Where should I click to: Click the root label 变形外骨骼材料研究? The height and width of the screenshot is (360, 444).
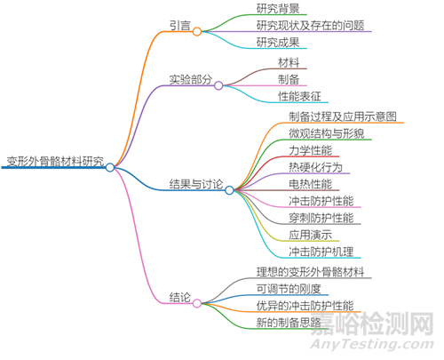click(x=55, y=161)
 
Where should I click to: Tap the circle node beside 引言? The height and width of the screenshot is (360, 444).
click(x=197, y=31)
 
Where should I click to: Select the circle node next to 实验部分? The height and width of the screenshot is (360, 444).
click(x=218, y=85)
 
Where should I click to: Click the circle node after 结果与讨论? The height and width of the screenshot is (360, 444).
click(x=229, y=190)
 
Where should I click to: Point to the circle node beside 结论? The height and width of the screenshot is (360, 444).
click(x=197, y=303)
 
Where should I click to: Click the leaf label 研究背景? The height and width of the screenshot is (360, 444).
click(x=278, y=8)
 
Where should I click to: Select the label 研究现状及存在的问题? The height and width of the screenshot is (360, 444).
click(x=310, y=25)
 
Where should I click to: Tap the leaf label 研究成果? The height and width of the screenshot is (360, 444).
click(x=278, y=43)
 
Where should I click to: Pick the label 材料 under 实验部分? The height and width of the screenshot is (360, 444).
click(x=289, y=62)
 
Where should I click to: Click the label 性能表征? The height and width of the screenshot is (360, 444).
click(x=299, y=96)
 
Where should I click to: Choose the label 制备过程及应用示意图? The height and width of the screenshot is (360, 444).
click(x=343, y=116)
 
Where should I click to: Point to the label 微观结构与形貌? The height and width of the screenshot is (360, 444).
click(x=327, y=133)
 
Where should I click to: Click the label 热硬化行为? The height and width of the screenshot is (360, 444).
click(x=315, y=167)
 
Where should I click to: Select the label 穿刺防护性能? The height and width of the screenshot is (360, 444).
click(x=321, y=218)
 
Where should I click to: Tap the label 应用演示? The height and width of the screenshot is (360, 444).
click(x=310, y=235)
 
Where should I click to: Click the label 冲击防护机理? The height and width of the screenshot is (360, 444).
click(x=321, y=252)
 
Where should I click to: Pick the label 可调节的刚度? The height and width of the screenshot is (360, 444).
click(x=289, y=289)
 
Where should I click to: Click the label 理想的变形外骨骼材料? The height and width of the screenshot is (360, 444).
click(x=310, y=272)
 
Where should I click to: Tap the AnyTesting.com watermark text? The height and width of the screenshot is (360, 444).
click(x=372, y=344)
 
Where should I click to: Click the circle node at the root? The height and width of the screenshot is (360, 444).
click(x=110, y=167)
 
